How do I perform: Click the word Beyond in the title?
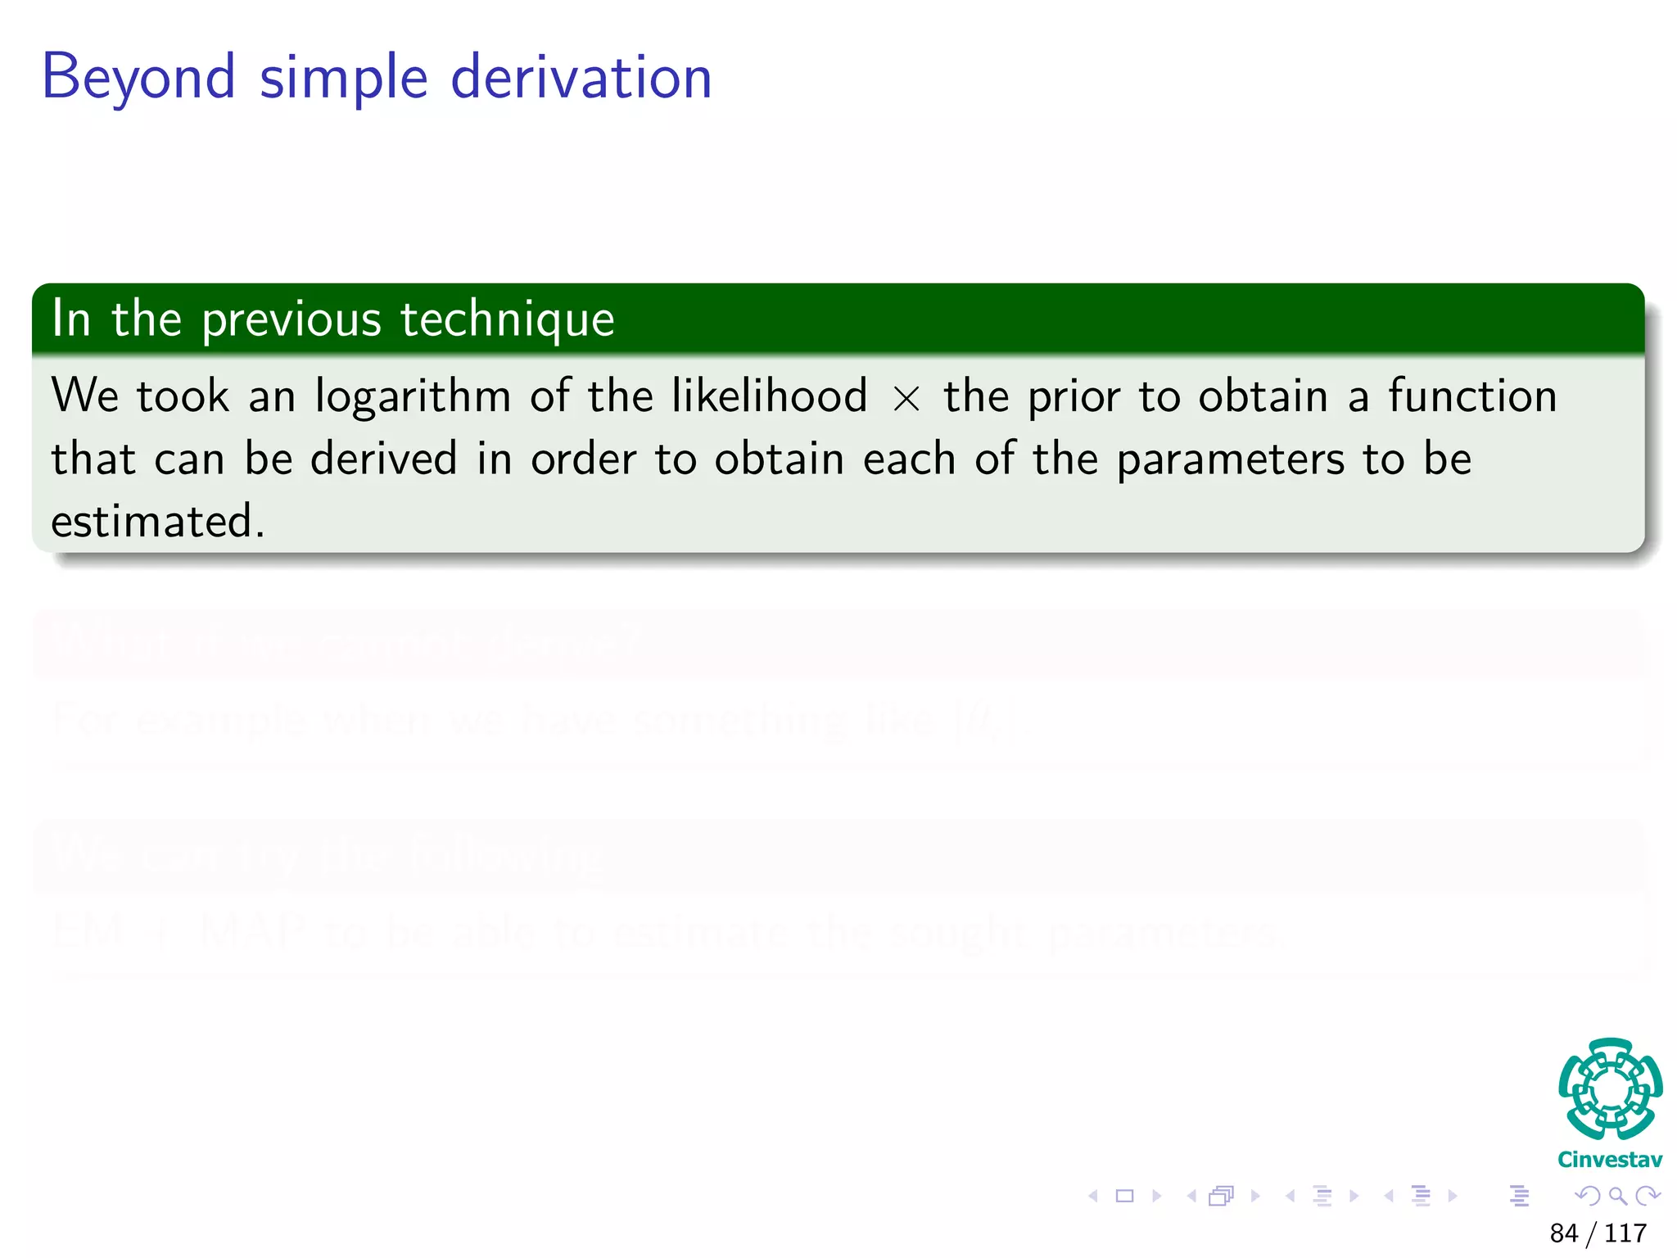point(138,78)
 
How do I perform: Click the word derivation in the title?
point(581,78)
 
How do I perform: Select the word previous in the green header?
point(292,319)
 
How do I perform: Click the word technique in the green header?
point(508,319)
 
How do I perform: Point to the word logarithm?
point(413,397)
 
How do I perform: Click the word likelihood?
point(769,396)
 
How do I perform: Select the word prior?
point(1074,397)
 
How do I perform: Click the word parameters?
point(1230,459)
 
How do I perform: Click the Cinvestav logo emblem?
point(1610,1088)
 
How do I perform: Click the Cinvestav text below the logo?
point(1610,1160)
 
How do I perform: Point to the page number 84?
point(1564,1233)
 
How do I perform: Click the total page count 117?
point(1625,1233)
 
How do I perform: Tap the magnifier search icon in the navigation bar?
point(1617,1196)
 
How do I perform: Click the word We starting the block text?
point(85,396)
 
